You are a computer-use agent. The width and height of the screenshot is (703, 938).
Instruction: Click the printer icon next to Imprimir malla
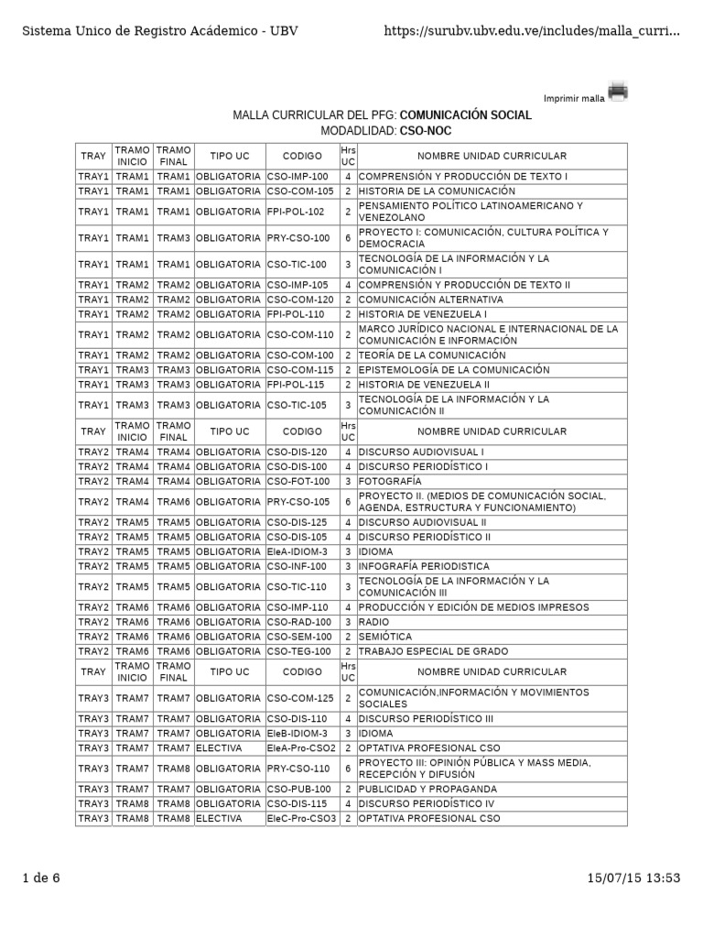[x=618, y=92]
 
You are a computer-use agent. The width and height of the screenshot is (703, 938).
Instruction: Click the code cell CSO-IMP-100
[x=297, y=176]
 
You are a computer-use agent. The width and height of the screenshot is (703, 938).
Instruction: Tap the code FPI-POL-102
[x=296, y=212]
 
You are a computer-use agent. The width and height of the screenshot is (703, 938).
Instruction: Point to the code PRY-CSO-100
[x=298, y=238]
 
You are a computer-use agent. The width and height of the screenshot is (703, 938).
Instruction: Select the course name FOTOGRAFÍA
[x=390, y=481]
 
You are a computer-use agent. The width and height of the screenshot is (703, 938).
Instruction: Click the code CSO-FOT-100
[x=298, y=481]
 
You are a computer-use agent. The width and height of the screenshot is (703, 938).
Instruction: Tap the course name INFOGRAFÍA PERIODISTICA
[x=424, y=566]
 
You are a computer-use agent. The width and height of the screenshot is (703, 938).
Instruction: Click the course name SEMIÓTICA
[x=384, y=637]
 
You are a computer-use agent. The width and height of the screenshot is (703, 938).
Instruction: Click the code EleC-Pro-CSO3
[x=301, y=818]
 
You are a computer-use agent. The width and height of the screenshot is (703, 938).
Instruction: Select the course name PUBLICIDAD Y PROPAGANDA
[x=427, y=789]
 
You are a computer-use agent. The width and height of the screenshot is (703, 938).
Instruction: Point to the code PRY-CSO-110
[x=298, y=769]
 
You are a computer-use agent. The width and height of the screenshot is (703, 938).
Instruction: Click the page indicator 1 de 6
[x=41, y=878]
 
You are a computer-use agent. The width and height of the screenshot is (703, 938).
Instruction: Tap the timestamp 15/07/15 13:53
[x=634, y=878]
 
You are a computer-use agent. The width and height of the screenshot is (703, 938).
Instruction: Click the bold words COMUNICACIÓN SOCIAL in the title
[x=466, y=115]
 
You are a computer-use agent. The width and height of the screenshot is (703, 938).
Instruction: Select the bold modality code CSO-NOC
[x=426, y=131]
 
